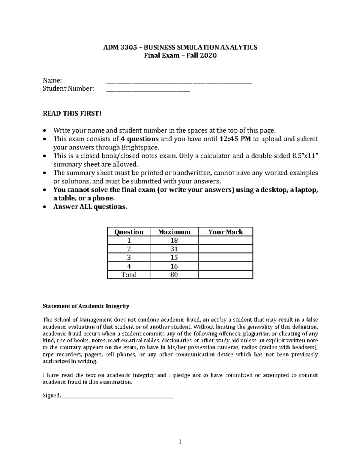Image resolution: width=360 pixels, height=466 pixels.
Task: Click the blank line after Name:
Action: point(179,81)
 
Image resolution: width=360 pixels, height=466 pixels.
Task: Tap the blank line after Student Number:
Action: point(148,89)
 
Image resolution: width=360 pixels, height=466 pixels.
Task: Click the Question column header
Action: point(129,232)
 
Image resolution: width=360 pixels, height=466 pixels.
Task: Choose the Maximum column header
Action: point(174,232)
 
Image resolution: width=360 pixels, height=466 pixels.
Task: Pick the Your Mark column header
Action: point(226,232)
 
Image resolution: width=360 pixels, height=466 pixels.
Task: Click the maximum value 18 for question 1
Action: point(174,240)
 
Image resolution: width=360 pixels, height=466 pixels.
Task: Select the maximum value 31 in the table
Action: point(174,249)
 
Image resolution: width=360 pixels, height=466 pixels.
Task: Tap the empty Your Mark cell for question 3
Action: point(226,257)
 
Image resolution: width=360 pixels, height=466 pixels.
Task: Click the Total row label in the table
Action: point(129,275)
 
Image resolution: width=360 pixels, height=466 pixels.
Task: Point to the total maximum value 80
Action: point(174,275)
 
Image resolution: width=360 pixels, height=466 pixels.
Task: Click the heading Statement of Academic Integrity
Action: point(86,306)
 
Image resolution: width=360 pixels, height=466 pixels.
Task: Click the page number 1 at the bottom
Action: point(180,442)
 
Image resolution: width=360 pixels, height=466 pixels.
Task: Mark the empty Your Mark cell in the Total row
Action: point(226,275)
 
